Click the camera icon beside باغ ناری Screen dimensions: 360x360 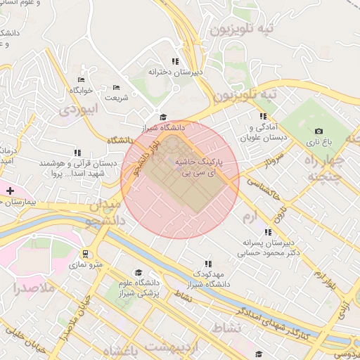[319, 131]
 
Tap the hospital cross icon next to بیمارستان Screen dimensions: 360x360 [10, 190]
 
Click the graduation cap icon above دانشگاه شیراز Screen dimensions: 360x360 [163, 117]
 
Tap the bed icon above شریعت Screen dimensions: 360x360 [117, 87]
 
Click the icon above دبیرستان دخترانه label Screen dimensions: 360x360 [175, 61]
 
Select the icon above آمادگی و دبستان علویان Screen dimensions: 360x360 [263, 116]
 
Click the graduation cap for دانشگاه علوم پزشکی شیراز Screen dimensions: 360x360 [139, 272]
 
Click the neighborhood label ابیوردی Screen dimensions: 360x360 [77, 110]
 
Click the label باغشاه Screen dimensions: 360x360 [120, 349]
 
